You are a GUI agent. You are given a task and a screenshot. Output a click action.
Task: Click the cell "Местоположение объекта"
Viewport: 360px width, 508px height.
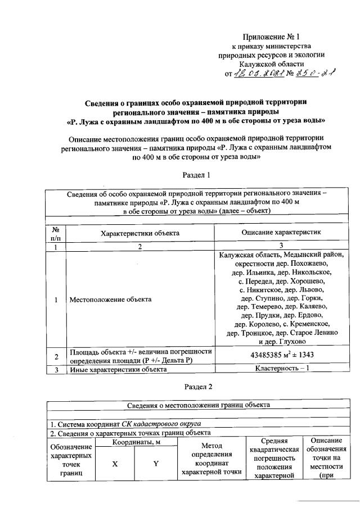click(110, 299)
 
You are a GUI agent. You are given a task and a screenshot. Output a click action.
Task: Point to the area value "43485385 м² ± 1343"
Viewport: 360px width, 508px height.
click(281, 356)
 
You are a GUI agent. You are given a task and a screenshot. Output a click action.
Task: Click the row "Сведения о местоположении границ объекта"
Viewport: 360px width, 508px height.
click(196, 404)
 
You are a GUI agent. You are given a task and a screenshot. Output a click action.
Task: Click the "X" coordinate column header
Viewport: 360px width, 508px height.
click(115, 464)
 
